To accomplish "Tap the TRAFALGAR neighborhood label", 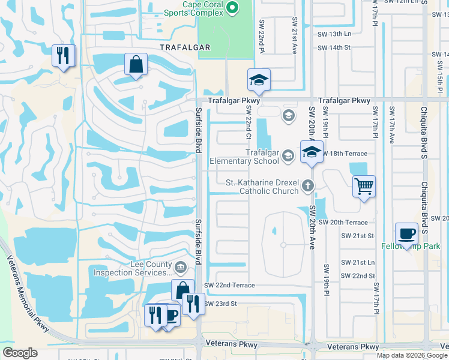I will [x=185, y=47].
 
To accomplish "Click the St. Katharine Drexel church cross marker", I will [x=308, y=185].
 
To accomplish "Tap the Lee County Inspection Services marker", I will [x=180, y=266].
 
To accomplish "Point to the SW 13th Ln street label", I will [x=334, y=34].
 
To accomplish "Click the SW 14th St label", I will [x=334, y=47].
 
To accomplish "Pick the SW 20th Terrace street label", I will [x=347, y=222].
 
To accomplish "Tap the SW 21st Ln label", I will [x=358, y=263].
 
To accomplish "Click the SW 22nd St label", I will [x=358, y=275].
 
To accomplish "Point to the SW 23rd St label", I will [x=221, y=304].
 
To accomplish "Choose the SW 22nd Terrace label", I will [x=229, y=285].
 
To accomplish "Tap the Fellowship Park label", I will [x=411, y=247].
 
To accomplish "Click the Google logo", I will [x=20, y=353].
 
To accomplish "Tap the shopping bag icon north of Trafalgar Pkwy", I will [x=136, y=64].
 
